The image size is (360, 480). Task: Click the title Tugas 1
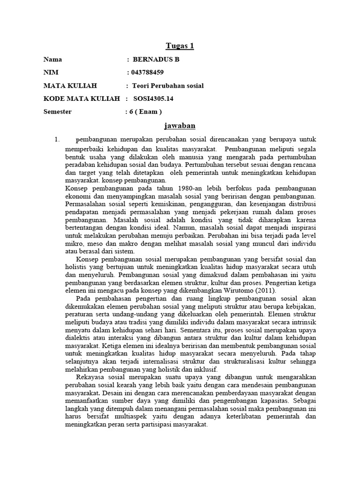click(x=180, y=46)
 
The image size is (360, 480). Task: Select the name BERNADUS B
click(x=156, y=60)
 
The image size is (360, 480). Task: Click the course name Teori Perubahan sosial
click(x=168, y=86)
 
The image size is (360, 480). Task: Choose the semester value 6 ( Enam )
click(x=145, y=112)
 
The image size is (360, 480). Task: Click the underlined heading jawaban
click(x=180, y=126)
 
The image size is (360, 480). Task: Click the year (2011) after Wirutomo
click(x=266, y=291)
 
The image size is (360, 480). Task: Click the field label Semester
click(x=58, y=112)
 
